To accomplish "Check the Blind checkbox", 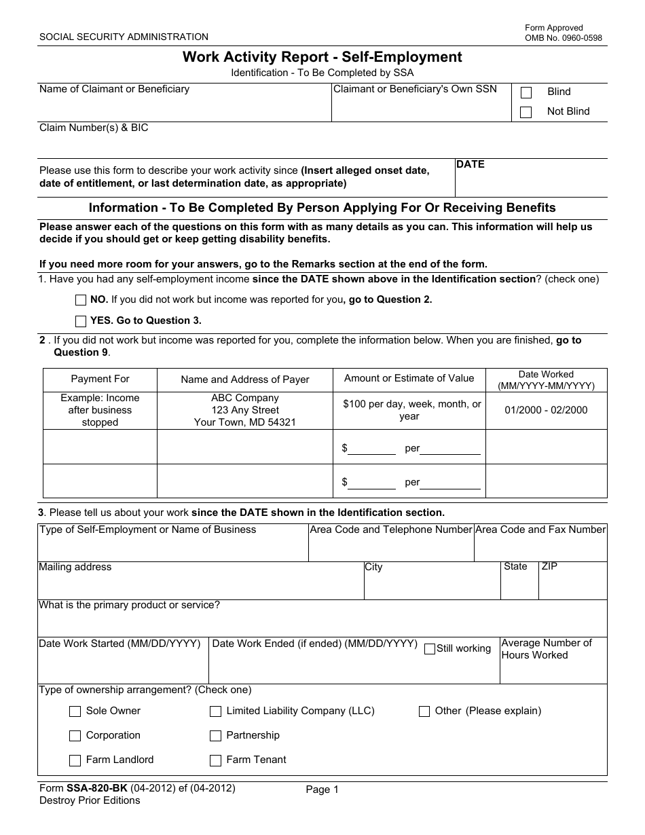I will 526,93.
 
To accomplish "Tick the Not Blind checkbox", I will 526,112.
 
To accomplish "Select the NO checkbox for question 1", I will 81,300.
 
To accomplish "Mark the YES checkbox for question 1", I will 81,321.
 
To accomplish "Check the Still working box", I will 429,649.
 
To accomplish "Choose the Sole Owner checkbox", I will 75,711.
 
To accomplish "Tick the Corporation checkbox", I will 75,736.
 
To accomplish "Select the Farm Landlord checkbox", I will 75,760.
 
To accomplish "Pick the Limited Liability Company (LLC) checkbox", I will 215,711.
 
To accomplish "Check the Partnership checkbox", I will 215,736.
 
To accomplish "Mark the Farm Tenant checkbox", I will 215,760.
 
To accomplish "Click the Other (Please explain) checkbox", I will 424,711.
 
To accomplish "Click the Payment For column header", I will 100,379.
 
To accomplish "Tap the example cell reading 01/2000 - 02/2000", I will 546,410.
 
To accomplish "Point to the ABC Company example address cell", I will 245,410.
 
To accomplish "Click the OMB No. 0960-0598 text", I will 563,38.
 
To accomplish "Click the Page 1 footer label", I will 322,790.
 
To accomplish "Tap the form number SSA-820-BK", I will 96,788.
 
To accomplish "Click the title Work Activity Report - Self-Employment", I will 322,57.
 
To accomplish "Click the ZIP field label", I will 549,566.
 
